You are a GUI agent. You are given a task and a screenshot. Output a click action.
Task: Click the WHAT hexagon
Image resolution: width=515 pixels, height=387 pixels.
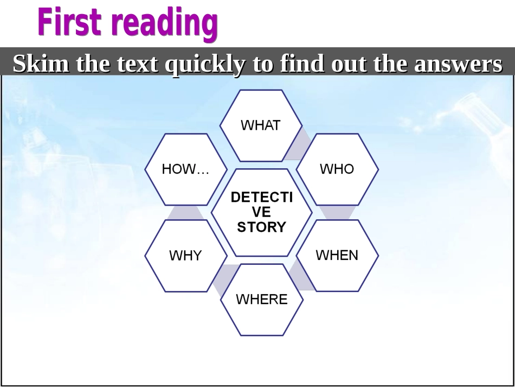pyautogui.click(x=261, y=125)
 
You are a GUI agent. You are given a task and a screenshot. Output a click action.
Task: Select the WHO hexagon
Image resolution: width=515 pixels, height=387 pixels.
pyautogui.click(x=337, y=169)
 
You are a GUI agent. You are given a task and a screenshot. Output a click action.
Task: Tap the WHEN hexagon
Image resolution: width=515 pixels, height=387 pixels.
pyautogui.click(x=337, y=255)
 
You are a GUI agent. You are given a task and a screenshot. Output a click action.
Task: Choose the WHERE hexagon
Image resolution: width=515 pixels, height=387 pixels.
pyautogui.click(x=261, y=299)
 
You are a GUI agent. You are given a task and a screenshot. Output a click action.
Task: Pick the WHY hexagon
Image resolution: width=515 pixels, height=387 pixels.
pyautogui.click(x=185, y=256)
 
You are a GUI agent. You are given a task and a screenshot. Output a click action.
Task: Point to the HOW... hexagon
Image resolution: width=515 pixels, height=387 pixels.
pyautogui.click(x=185, y=169)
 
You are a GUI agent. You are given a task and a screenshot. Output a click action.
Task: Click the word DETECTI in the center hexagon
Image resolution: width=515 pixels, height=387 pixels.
pyautogui.click(x=261, y=197)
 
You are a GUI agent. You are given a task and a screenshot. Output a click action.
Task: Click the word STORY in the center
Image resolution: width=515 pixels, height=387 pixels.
pyautogui.click(x=261, y=227)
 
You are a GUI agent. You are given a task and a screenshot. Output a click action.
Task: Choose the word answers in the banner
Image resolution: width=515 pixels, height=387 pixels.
pyautogui.click(x=458, y=64)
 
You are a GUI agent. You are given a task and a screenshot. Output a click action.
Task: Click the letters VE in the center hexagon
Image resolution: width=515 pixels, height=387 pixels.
pyautogui.click(x=261, y=212)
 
